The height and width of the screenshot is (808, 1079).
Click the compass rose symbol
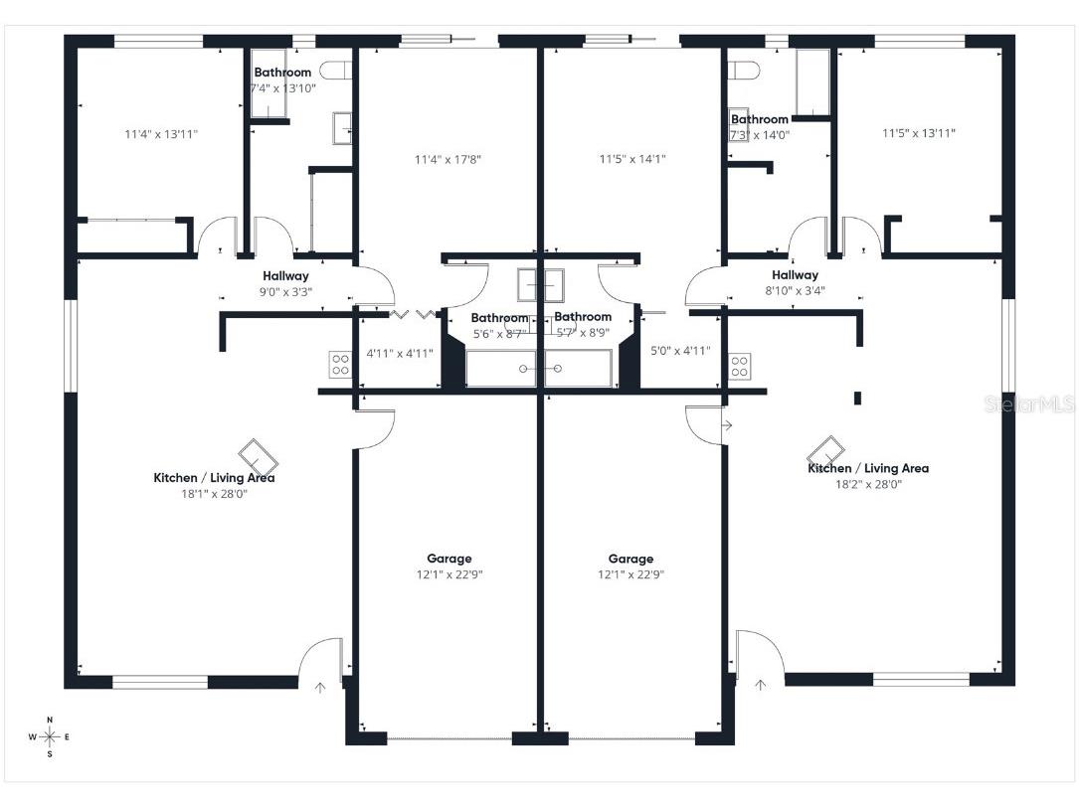pos(50,736)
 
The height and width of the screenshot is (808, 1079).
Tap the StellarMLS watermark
pos(1028,404)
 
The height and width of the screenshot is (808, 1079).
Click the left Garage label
pos(450,559)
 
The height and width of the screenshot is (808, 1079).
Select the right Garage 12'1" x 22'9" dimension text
pos(630,574)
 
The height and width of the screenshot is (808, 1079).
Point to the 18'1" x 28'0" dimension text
pos(213,493)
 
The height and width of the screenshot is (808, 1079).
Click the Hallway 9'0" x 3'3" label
pos(285,283)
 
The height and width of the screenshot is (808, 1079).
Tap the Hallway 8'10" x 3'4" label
pos(795,282)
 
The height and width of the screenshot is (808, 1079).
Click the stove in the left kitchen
pos(340,365)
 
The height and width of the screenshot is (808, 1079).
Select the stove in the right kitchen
pos(739,365)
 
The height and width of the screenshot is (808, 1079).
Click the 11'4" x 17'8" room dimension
pos(449,159)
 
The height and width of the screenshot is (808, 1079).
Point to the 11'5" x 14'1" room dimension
pos(632,159)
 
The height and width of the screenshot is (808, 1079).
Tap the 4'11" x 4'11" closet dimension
pos(400,353)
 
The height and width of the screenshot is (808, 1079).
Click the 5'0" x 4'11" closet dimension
pos(680,351)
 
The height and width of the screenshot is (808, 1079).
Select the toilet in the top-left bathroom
pos(341,71)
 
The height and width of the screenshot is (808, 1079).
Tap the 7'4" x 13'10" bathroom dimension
pos(282,88)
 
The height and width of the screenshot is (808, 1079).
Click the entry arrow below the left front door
pos(320,687)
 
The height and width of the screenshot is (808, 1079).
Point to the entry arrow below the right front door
pos(761,685)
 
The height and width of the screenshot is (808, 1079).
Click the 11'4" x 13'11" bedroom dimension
pos(161,133)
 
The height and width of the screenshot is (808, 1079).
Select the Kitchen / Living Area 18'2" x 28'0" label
pos(868,476)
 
